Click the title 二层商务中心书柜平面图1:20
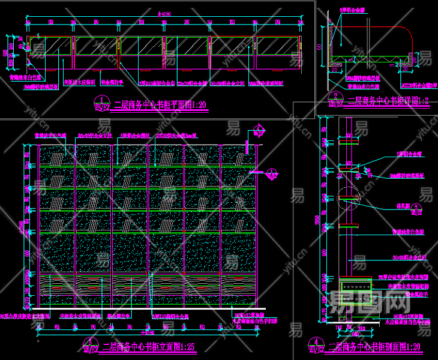(x=160, y=105)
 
